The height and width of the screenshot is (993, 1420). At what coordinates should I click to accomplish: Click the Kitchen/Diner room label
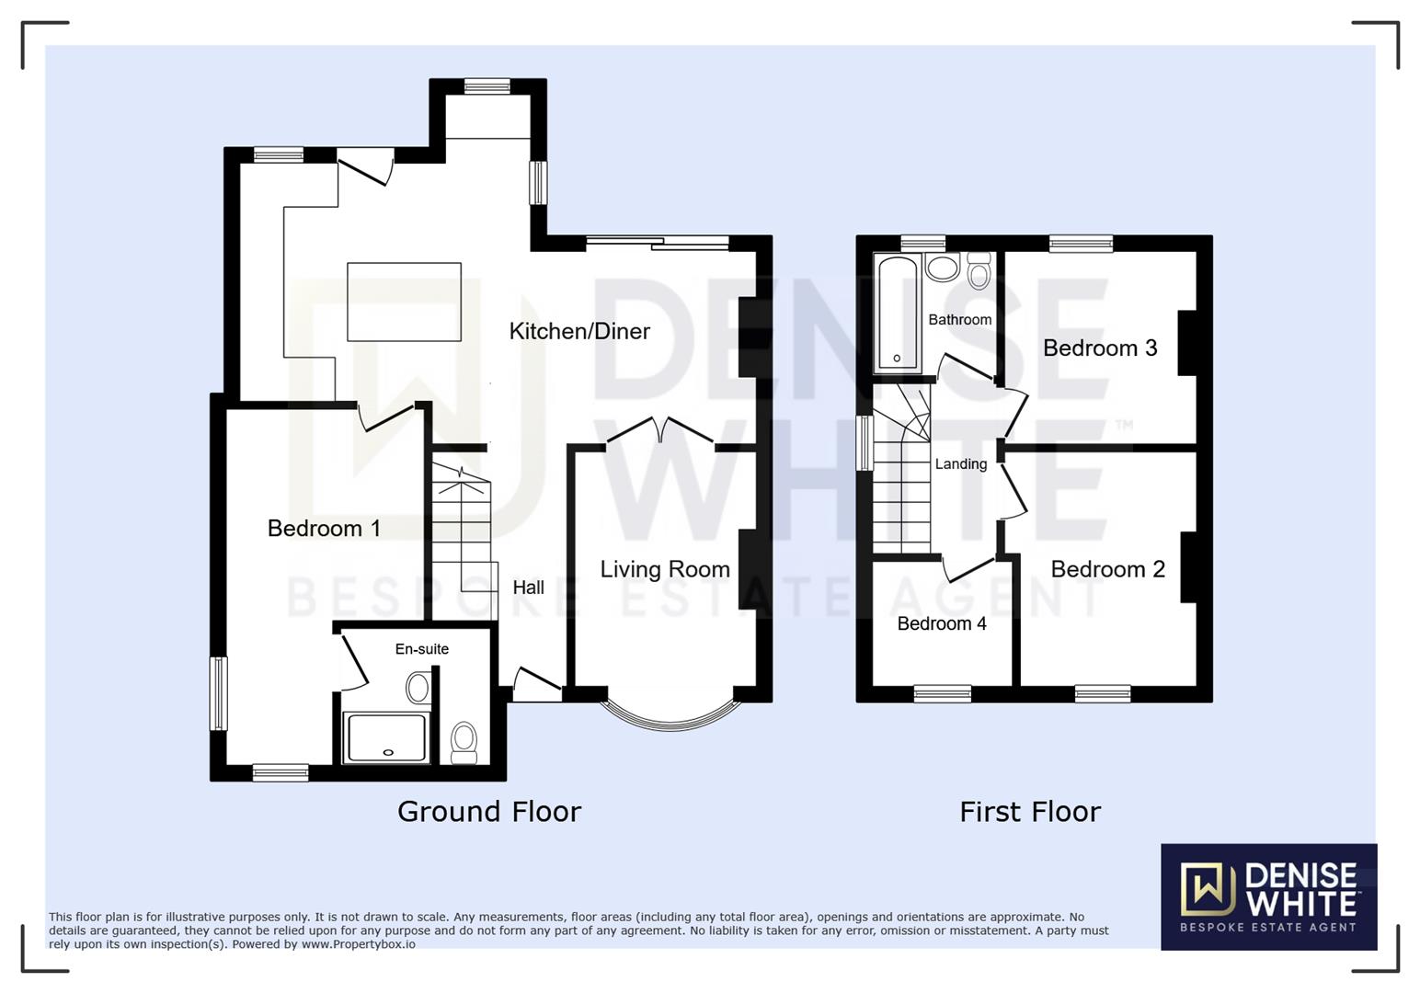[579, 331]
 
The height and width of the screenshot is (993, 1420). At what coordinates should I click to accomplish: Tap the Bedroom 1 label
[324, 528]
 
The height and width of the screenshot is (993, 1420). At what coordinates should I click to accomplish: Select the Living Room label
[665, 569]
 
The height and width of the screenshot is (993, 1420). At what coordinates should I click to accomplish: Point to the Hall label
[529, 588]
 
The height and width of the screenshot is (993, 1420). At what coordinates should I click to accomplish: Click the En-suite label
[422, 649]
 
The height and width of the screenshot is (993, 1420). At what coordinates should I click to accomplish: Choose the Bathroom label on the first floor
[959, 320]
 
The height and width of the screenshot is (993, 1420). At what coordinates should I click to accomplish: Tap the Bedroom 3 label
[1100, 348]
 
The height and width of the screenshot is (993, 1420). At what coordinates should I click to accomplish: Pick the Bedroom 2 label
[1107, 569]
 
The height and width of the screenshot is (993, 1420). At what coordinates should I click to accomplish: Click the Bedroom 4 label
[942, 623]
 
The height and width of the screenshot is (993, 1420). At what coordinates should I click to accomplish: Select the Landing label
[961, 464]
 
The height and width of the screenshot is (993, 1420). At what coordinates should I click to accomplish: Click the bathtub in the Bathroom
[897, 314]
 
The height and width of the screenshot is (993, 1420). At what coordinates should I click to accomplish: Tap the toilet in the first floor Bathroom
[979, 272]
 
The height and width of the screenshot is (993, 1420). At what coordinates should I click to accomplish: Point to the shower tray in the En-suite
[385, 737]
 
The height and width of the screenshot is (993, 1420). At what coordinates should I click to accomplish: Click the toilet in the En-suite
[464, 741]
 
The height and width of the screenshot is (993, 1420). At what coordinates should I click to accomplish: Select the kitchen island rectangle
[404, 302]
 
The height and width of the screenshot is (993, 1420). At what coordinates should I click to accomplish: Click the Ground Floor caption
[489, 812]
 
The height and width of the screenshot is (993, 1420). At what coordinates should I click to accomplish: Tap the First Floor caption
[1030, 812]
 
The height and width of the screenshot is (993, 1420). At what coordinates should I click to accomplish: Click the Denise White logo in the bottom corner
[1268, 896]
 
